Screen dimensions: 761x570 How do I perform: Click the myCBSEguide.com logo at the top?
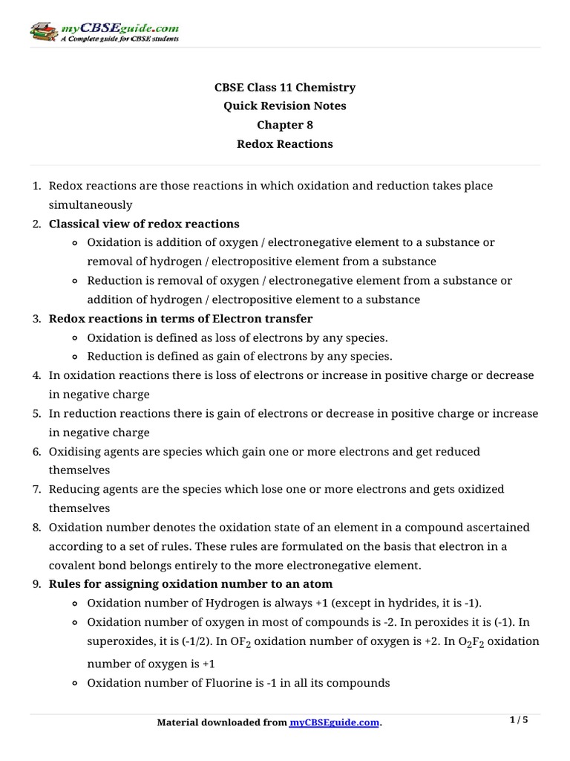[x=104, y=31]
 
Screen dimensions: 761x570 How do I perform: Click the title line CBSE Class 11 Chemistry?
[x=285, y=87]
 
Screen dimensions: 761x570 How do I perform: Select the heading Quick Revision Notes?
[x=285, y=106]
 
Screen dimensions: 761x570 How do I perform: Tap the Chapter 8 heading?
[x=285, y=125]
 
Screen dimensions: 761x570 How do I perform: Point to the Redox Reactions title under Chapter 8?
[x=285, y=143]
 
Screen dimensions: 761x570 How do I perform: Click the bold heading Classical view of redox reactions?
[x=144, y=224]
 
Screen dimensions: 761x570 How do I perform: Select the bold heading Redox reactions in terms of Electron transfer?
[x=180, y=318]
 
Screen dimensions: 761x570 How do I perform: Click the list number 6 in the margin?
[x=36, y=451]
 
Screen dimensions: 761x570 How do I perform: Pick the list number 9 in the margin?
[x=36, y=584]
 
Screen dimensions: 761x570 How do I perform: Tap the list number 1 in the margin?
[x=36, y=185]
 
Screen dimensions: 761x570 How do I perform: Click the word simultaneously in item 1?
[x=91, y=204]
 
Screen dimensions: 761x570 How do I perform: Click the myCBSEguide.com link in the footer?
[x=334, y=722]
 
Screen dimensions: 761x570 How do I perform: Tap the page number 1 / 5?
[x=520, y=720]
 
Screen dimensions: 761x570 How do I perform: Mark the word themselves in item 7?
[x=79, y=508]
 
